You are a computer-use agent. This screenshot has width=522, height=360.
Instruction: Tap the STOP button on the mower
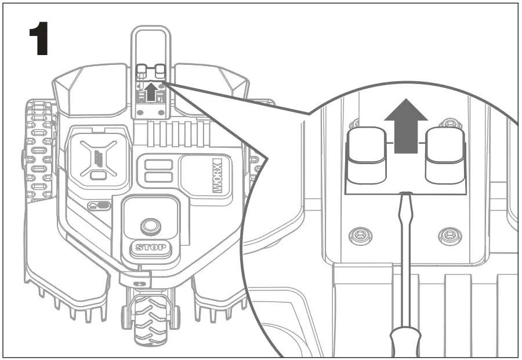click(150, 248)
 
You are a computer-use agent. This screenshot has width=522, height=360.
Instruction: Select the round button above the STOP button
click(150, 224)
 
